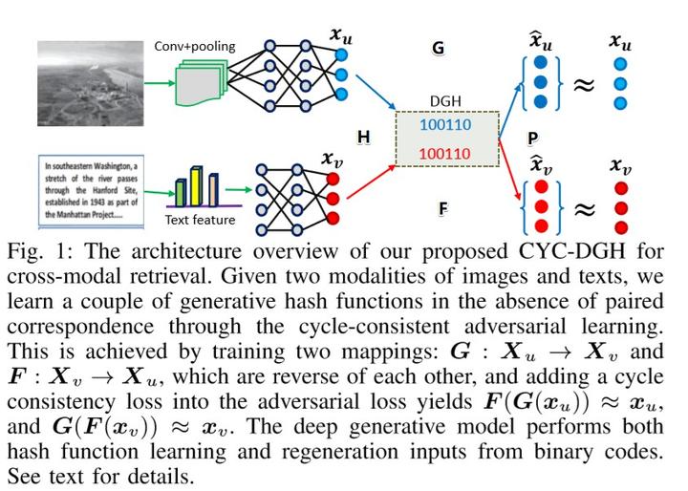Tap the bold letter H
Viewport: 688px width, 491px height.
pyautogui.click(x=363, y=138)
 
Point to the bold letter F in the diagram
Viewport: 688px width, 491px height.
pyautogui.click(x=442, y=206)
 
